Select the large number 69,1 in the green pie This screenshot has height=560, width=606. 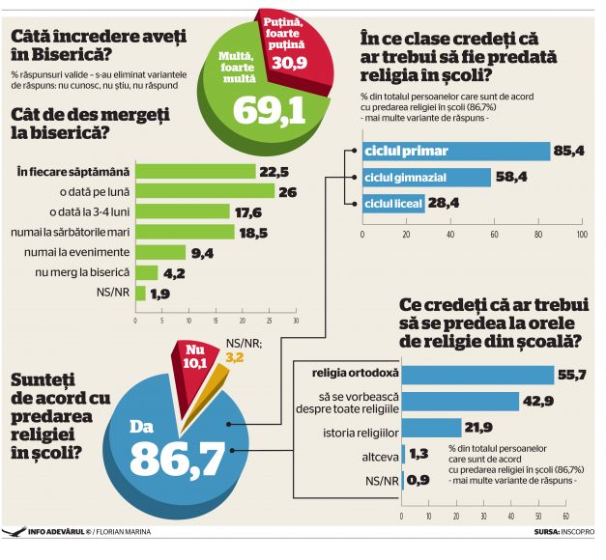pyautogui.click(x=266, y=109)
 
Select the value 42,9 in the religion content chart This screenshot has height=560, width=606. pyautogui.click(x=539, y=401)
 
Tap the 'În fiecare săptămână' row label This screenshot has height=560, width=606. pyautogui.click(x=72, y=171)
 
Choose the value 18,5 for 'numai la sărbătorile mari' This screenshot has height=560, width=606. pyautogui.click(x=253, y=232)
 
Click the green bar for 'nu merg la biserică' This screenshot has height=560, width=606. pyautogui.click(x=146, y=272)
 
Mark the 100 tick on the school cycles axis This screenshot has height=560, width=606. pyautogui.click(x=581, y=234)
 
